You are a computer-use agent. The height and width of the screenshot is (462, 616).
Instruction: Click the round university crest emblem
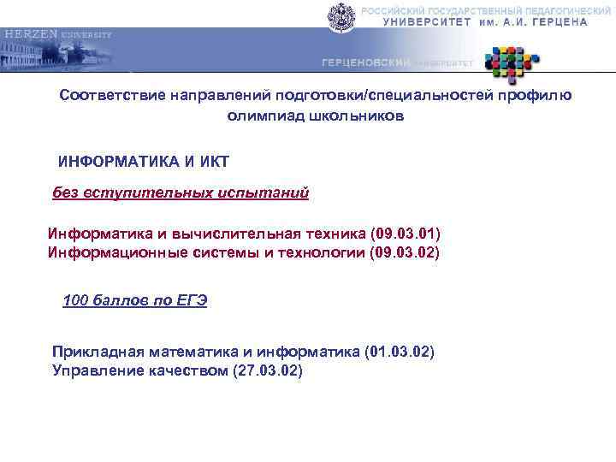tap(340, 16)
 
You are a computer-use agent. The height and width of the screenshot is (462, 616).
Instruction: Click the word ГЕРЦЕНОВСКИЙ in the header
tap(366, 64)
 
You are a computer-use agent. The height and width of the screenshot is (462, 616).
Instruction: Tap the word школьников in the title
tap(350, 115)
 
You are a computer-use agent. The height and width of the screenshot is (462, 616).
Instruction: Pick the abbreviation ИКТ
tap(213, 161)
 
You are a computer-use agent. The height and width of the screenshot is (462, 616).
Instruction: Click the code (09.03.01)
tap(406, 234)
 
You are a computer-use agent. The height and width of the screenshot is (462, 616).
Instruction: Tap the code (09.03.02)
tap(405, 252)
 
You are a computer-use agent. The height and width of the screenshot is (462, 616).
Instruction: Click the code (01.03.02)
tap(400, 352)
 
